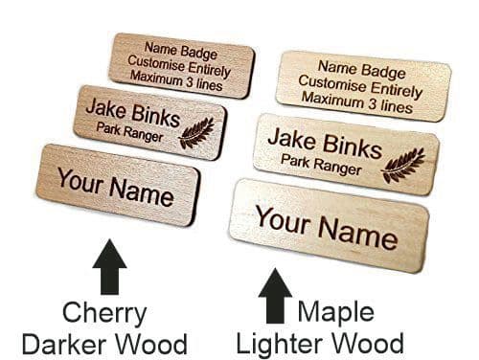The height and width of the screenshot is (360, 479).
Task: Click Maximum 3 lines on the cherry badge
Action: [x=183, y=83]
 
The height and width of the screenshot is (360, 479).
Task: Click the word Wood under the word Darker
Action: [x=157, y=342]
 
